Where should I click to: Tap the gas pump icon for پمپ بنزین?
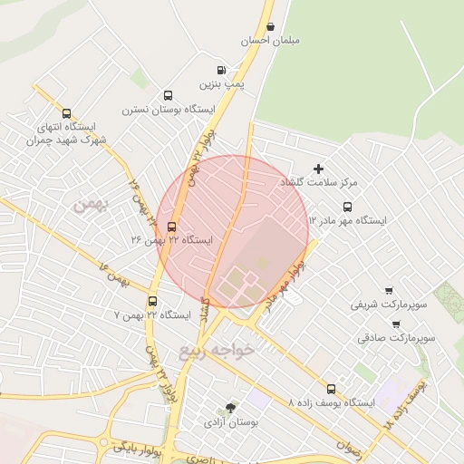point(220,70)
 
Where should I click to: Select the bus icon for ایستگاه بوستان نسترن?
point(168,95)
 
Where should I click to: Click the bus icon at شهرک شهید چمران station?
point(67,114)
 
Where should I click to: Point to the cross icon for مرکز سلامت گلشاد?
point(318,168)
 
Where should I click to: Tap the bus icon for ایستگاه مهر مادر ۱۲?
point(347,206)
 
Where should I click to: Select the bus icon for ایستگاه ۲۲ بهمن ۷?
point(151,301)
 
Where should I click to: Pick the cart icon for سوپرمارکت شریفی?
point(390,291)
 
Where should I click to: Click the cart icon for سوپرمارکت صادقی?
point(396,324)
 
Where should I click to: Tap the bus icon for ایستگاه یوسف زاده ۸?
point(331,387)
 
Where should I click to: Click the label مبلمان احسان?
point(270,42)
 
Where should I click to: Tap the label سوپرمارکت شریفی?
point(388,305)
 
